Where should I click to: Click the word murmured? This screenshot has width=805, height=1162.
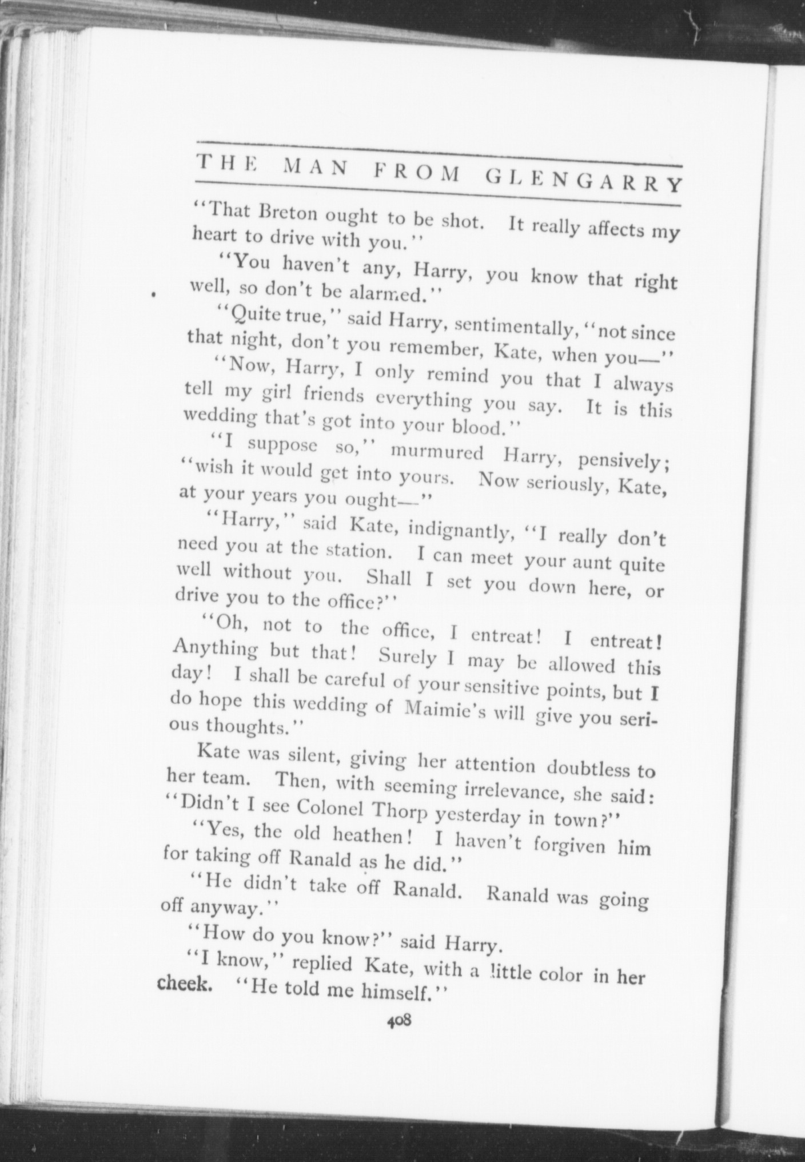point(437,452)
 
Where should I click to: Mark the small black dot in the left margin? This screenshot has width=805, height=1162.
point(154,295)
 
